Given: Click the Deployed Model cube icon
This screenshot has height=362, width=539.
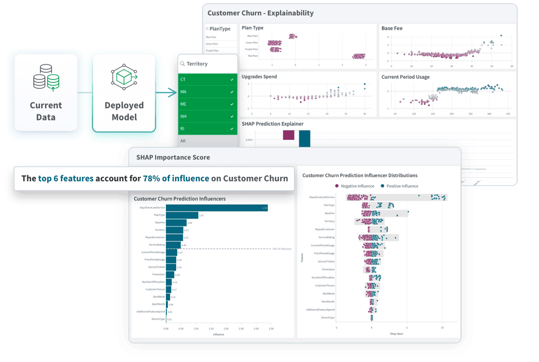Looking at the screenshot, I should click(124, 77).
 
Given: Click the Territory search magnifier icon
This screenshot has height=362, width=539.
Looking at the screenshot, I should click(182, 64).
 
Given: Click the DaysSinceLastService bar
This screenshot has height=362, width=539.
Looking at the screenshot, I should click(217, 208).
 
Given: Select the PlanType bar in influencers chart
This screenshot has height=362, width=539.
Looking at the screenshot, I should click(182, 215).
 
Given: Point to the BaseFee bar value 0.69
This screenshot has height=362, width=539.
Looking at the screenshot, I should click(190, 223).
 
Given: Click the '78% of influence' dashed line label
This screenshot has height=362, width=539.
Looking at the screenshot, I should click(282, 249).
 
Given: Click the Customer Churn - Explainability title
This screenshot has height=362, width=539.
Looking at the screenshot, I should click(260, 13).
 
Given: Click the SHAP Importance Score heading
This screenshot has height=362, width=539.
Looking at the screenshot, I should click(173, 157).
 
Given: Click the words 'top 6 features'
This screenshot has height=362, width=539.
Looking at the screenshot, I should click(66, 178).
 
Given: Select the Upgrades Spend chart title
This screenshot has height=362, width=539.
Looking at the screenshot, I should click(259, 77).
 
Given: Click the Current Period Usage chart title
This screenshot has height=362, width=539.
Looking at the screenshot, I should click(405, 77).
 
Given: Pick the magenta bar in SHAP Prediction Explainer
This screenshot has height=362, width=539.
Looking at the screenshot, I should click(289, 135).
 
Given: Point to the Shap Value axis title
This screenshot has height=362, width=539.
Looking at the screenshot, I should click(397, 334).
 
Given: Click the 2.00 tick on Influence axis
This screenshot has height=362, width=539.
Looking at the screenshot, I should click(226, 329).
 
